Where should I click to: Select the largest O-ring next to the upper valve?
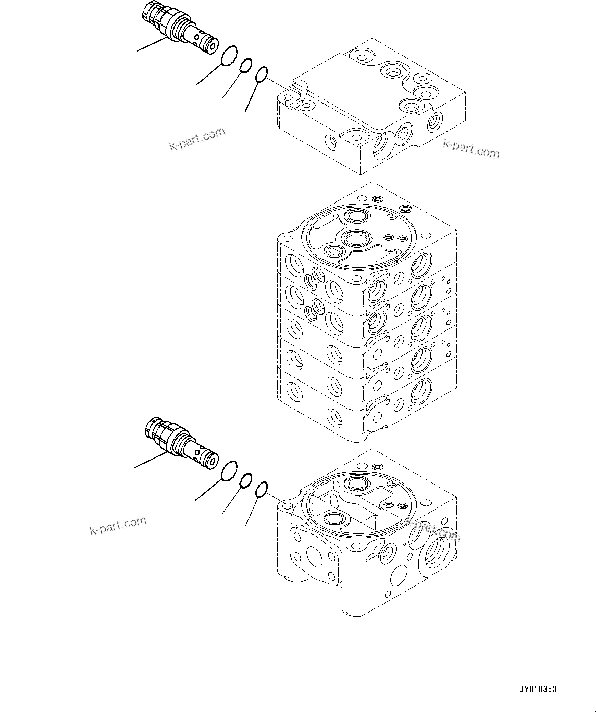pos(230,56)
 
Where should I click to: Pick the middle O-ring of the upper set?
pos(246,65)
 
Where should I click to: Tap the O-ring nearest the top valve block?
pos(262,74)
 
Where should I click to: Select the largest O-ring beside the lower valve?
pos(230,471)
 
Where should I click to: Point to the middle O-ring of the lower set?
pos(246,480)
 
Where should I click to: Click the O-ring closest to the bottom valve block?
pos(261,490)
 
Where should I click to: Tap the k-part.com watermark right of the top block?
pos(470,149)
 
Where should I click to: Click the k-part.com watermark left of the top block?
pos(197,139)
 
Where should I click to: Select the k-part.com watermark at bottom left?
pos(118,526)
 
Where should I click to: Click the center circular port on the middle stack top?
pos(355,238)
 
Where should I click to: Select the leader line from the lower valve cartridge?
pos(149,460)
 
